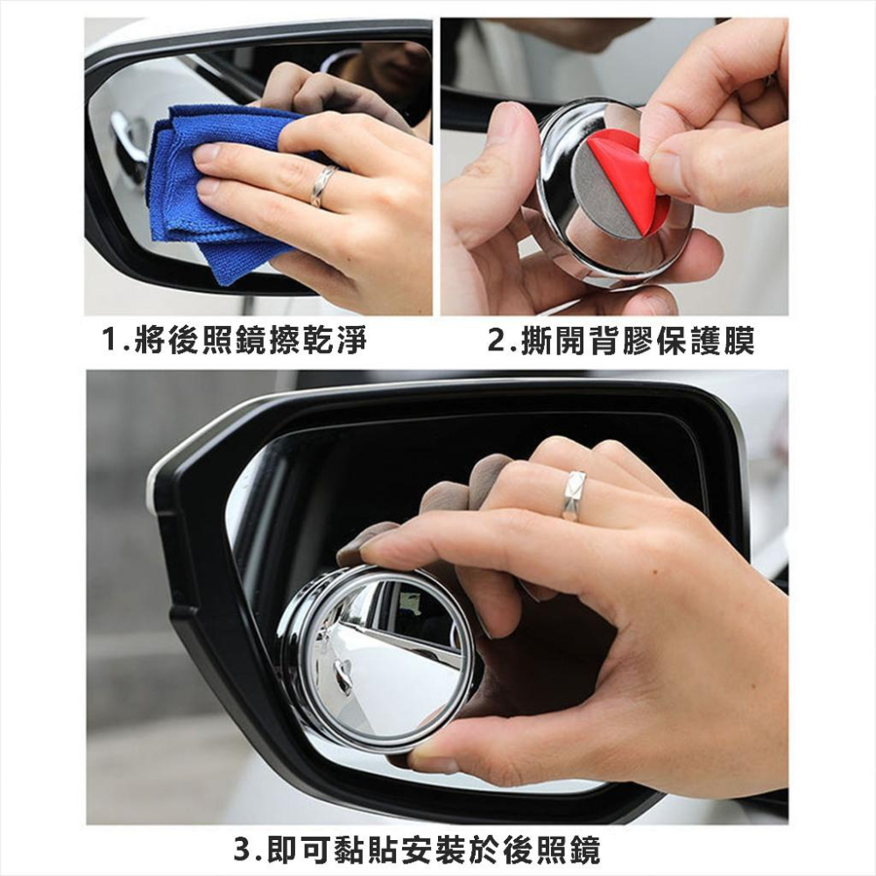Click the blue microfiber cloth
[210, 193]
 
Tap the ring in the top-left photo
[322, 186]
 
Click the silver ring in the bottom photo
[574, 495]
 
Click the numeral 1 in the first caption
[109, 340]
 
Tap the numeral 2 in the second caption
[495, 340]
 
